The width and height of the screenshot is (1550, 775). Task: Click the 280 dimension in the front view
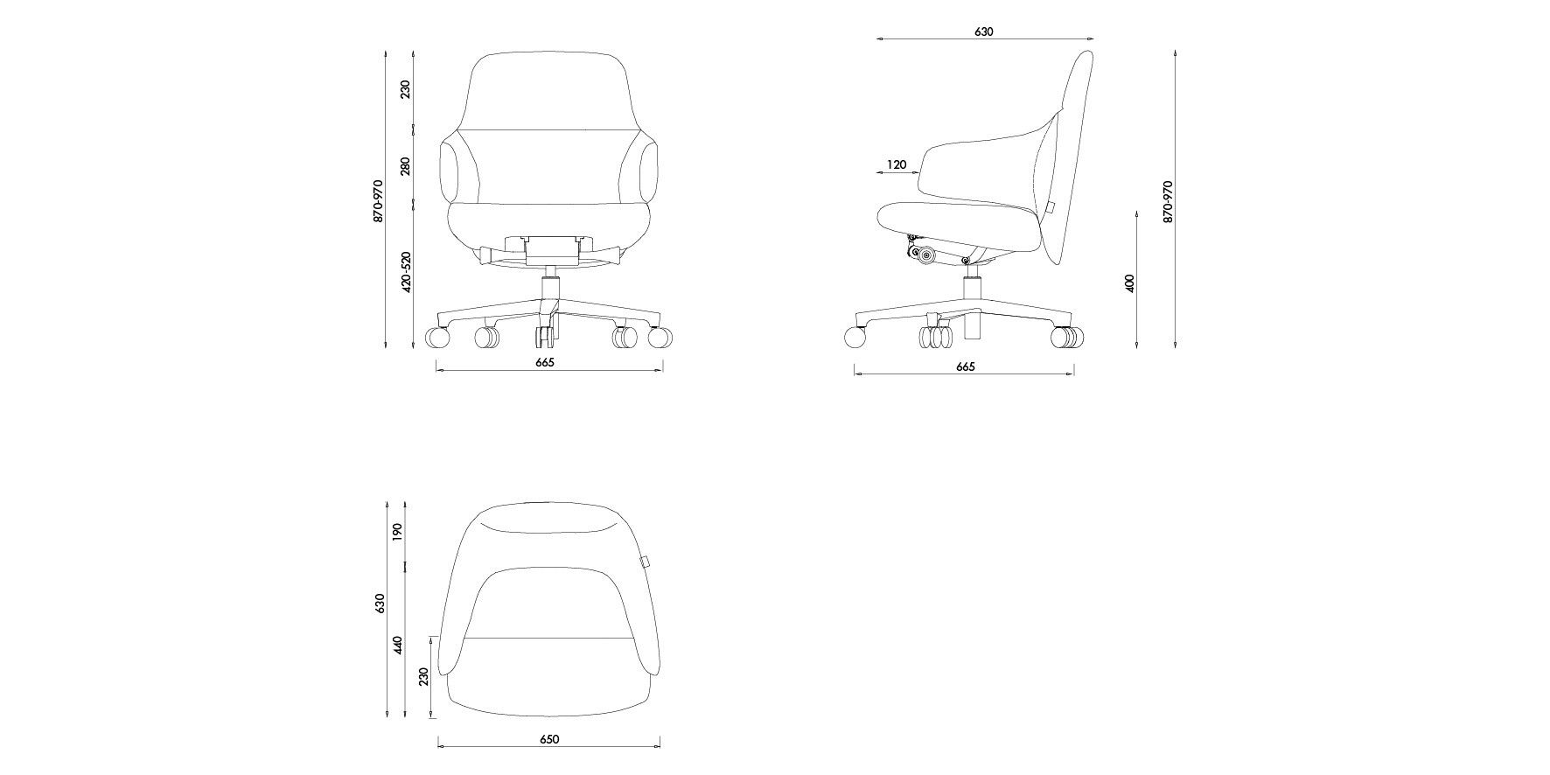pyautogui.click(x=405, y=166)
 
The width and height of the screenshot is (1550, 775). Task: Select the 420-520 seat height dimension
pyautogui.click(x=405, y=273)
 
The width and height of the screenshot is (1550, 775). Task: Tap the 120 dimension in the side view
pyautogui.click(x=897, y=164)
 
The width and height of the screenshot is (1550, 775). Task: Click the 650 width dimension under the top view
pyautogui.click(x=548, y=739)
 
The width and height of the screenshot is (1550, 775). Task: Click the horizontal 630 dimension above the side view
pyautogui.click(x=983, y=31)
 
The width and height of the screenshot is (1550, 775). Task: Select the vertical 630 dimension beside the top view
pyautogui.click(x=380, y=604)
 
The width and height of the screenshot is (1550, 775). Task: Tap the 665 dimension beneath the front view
pyautogui.click(x=544, y=362)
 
